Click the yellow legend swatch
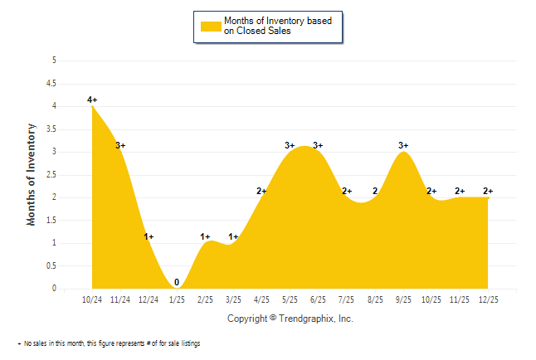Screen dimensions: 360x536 [212, 26]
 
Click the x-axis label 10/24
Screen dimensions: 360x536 [92, 298]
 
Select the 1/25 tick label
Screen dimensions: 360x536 [177, 298]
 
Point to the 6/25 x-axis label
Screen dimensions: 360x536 [318, 298]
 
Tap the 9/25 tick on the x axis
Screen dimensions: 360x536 [403, 298]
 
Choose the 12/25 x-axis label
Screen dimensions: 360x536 [488, 298]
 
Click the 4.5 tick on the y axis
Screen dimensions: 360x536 [52, 83]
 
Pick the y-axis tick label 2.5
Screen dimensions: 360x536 [52, 174]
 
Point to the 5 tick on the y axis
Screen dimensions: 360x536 [54, 61]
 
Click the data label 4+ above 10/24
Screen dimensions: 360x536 [92, 100]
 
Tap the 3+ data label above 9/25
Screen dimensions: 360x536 [403, 146]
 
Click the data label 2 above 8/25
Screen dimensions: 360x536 [375, 192]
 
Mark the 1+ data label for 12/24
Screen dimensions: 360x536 [149, 237]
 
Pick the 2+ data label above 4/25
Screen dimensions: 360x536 [261, 192]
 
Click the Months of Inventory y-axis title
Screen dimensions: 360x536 [32, 174]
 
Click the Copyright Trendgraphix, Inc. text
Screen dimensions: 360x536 [290, 319]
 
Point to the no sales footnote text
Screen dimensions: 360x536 [109, 343]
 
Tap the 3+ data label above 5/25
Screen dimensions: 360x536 [290, 146]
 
